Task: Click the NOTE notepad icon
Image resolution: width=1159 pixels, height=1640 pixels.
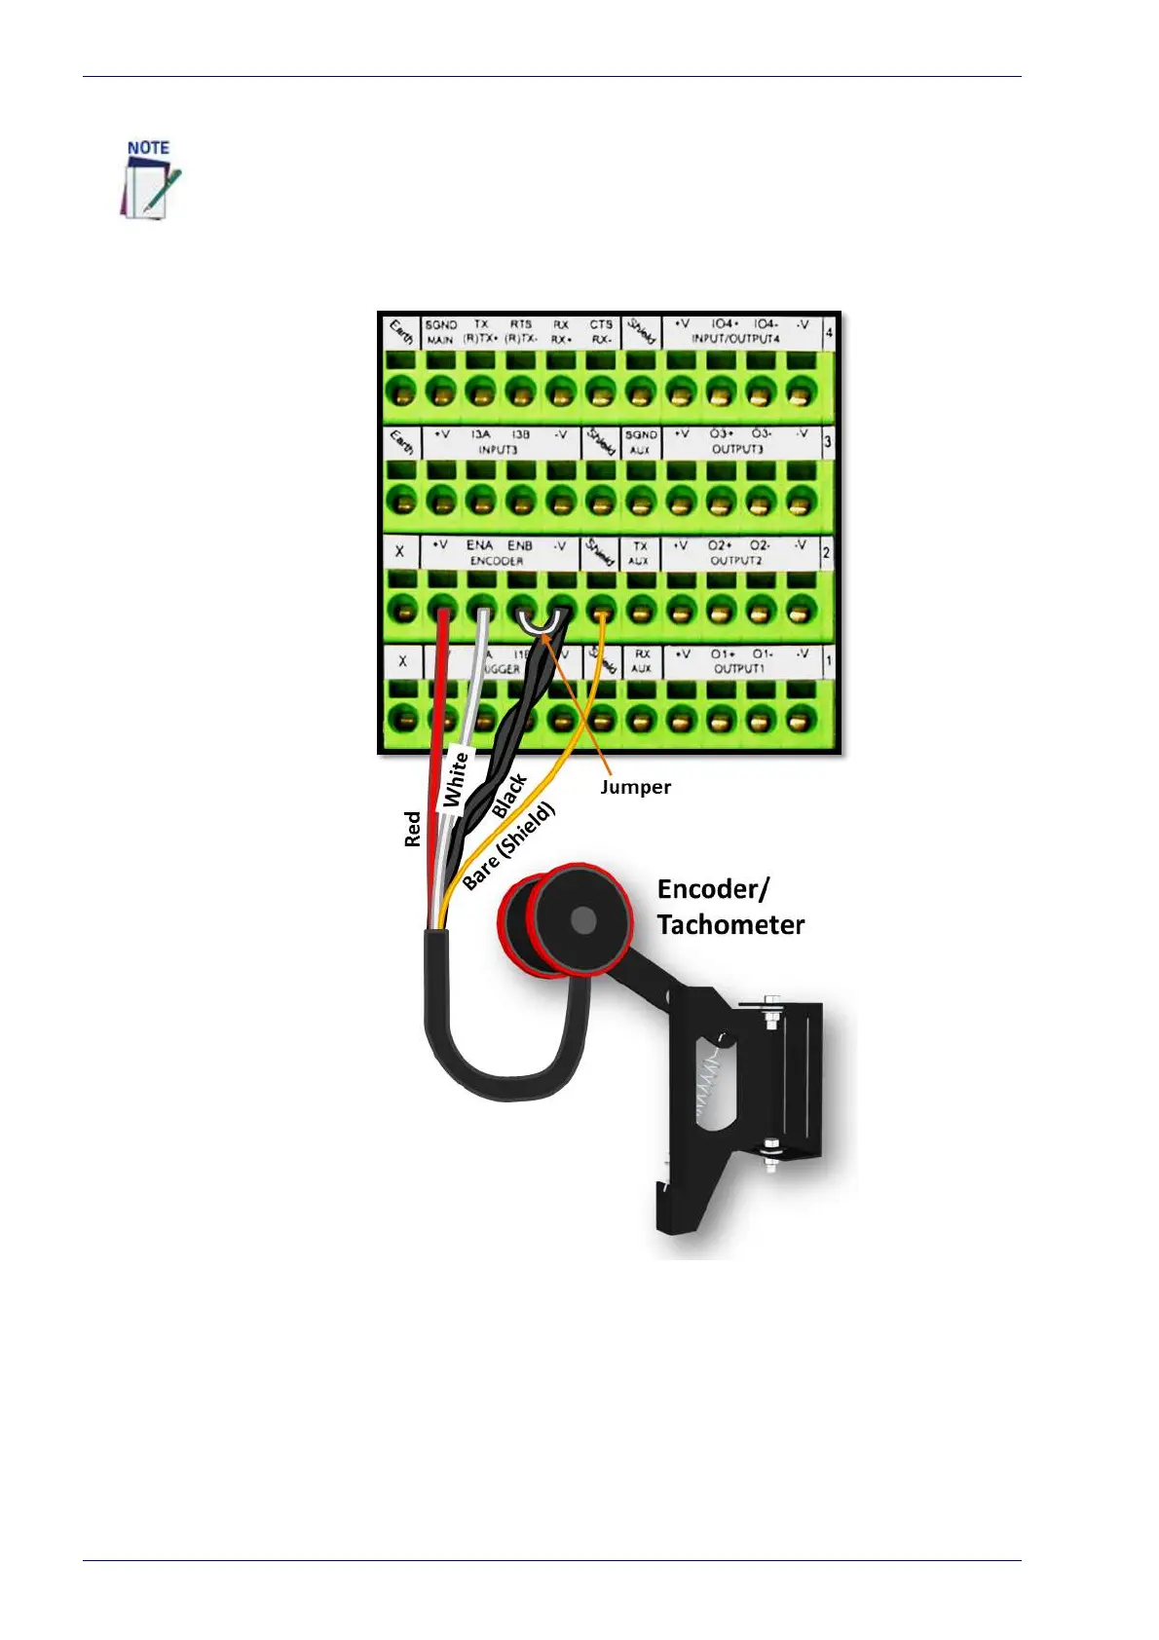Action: click(x=149, y=181)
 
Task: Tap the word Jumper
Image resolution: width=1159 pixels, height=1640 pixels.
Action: click(x=635, y=787)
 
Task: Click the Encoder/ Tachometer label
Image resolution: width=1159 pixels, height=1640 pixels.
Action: click(x=730, y=907)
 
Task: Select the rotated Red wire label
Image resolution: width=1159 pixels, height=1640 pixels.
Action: click(x=413, y=829)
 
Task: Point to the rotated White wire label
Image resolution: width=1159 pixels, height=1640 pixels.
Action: click(x=456, y=778)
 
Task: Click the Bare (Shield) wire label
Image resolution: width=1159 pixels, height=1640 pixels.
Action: click(x=508, y=844)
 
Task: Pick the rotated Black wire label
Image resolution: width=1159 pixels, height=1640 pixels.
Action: click(x=509, y=795)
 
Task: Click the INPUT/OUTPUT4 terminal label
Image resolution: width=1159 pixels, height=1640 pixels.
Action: click(x=735, y=339)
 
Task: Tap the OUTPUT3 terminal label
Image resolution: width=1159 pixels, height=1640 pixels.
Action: click(x=737, y=449)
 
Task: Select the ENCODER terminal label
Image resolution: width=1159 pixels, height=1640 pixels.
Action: click(x=496, y=561)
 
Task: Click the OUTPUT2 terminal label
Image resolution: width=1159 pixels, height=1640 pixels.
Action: click(x=736, y=561)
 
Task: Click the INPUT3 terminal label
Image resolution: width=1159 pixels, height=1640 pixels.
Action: click(x=497, y=450)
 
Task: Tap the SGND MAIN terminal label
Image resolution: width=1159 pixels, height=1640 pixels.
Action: click(x=440, y=332)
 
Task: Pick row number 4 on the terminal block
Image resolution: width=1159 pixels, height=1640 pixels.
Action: click(x=829, y=332)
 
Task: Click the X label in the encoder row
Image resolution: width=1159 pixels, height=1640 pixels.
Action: click(x=400, y=551)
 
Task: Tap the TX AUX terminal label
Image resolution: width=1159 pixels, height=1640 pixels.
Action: click(x=639, y=553)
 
